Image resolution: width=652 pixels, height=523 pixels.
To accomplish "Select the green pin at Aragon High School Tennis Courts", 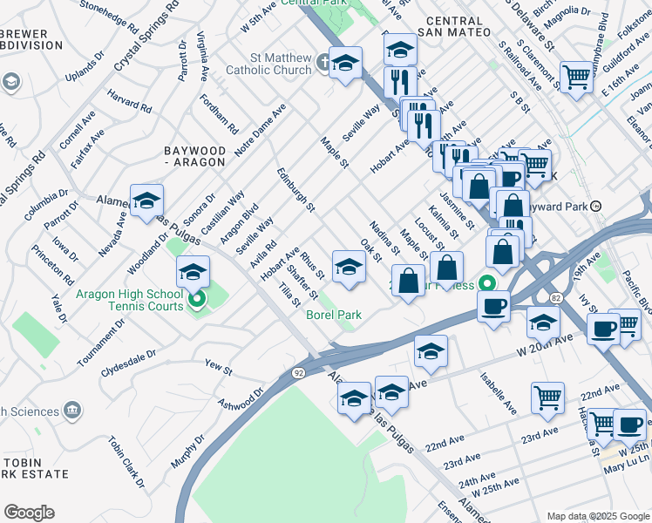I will click(x=197, y=302).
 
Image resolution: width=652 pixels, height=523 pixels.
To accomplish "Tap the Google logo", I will click(x=29, y=513).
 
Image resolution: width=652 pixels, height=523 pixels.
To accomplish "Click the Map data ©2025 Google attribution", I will click(x=597, y=516).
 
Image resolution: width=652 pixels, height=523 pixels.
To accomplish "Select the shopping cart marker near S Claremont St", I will click(x=576, y=77).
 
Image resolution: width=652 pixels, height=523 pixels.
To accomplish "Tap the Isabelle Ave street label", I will click(x=496, y=392).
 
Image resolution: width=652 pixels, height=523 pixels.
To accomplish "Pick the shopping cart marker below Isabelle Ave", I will click(x=547, y=397).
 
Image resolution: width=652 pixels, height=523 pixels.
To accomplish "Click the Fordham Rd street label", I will click(x=220, y=113).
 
